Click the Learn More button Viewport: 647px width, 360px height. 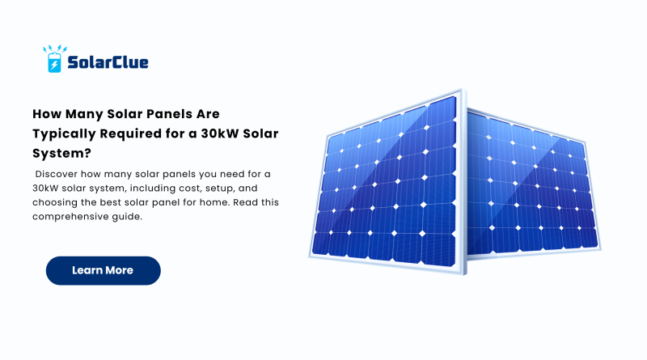104,270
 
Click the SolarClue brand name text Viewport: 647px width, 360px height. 108,62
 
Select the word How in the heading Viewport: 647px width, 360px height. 47,114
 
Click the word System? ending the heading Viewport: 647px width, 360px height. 62,154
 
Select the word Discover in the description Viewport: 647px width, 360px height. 56,174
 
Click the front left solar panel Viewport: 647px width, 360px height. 387,183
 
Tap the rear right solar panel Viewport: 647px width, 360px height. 532,184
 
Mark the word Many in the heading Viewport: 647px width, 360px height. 85,114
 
